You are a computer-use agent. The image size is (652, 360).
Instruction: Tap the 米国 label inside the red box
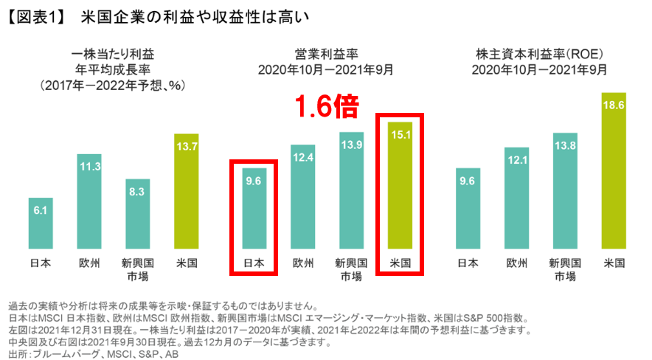tap(400, 263)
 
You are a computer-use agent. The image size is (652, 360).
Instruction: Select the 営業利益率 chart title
tap(326, 54)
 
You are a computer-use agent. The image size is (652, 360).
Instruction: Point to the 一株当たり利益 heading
tap(114, 54)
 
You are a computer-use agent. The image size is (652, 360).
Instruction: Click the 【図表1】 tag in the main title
tap(33, 16)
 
